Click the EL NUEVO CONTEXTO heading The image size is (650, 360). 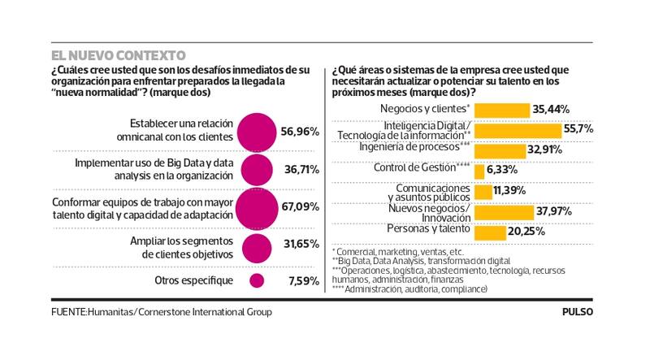(x=118, y=55)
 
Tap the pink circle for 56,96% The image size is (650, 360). (x=255, y=130)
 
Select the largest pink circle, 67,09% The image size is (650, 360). (x=255, y=207)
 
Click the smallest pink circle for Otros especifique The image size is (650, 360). (x=257, y=280)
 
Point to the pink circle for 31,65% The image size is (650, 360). (x=256, y=247)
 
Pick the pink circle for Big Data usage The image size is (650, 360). (x=256, y=169)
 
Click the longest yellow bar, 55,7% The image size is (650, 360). (x=518, y=129)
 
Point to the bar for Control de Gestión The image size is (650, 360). (x=479, y=170)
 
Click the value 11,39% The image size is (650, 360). (x=509, y=191)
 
